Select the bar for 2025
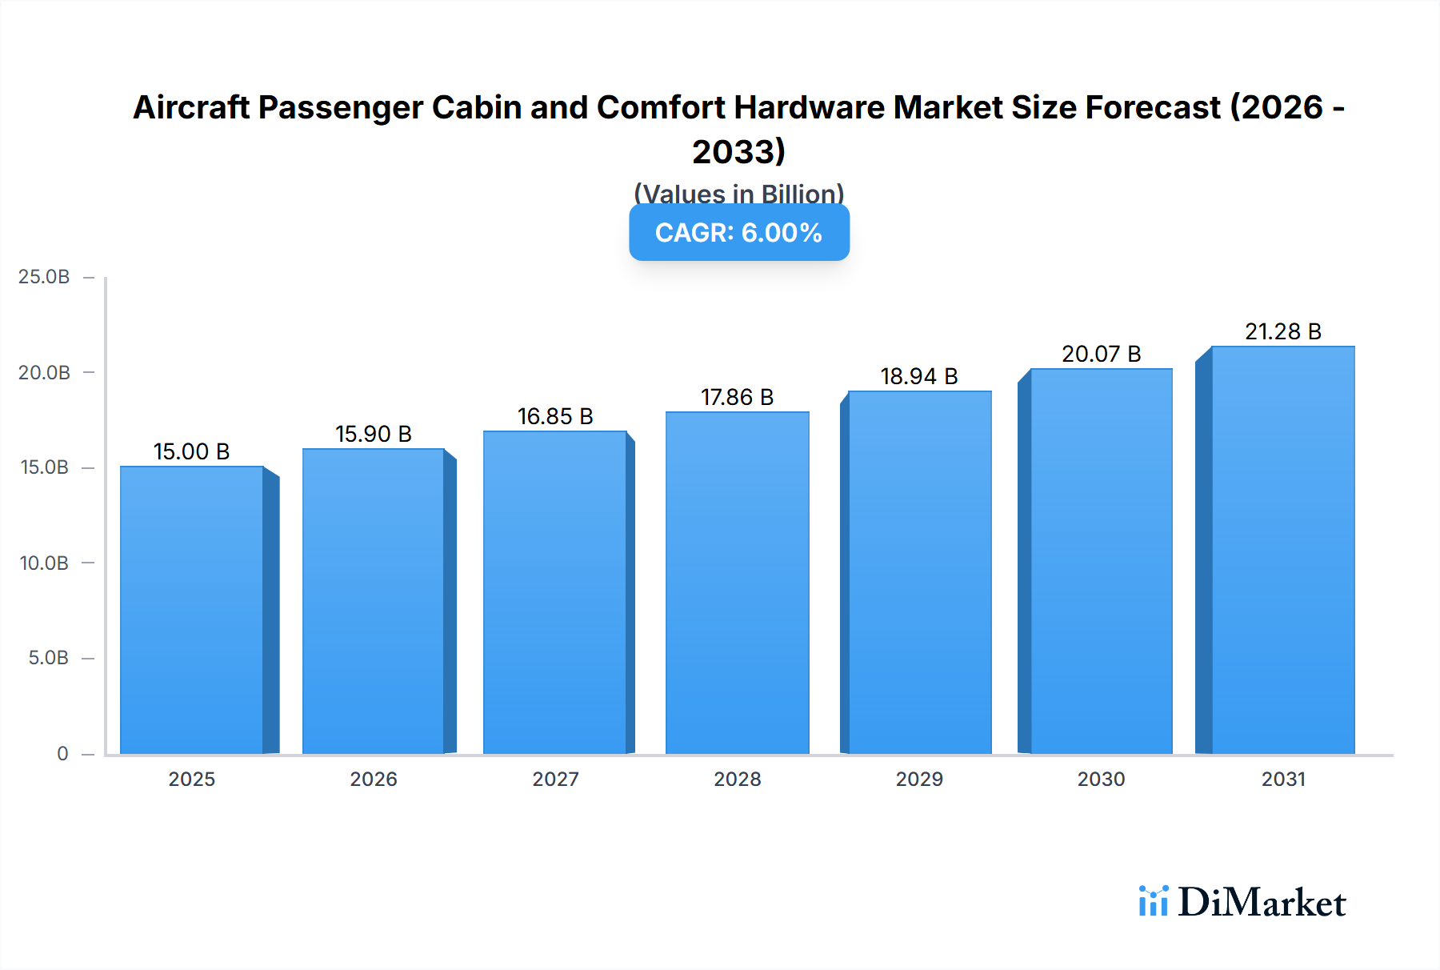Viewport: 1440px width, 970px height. coord(192,610)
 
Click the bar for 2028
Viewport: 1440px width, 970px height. coord(737,583)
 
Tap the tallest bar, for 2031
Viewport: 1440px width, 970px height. coord(1282,550)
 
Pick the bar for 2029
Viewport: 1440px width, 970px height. coord(919,572)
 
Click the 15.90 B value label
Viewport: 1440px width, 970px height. coord(373,434)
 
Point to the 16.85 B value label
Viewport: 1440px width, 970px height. coord(555,416)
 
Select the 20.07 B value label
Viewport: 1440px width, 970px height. coord(1101,354)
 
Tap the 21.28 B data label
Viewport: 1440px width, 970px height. coord(1282,331)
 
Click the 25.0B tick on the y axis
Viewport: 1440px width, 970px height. coord(44,277)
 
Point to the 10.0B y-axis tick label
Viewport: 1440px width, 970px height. coord(44,563)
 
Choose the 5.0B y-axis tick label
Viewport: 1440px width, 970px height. coord(48,658)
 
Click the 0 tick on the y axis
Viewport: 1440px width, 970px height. coord(62,753)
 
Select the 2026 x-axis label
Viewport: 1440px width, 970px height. coord(373,779)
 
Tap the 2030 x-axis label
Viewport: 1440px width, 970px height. coord(1101,779)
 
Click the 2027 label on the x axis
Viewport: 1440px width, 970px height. coord(555,779)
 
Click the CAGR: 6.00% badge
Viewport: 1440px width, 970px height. coord(738,233)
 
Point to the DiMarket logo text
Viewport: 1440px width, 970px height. coord(1262,903)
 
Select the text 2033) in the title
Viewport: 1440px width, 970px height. coord(738,151)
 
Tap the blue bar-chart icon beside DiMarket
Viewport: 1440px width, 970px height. coord(1153,901)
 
